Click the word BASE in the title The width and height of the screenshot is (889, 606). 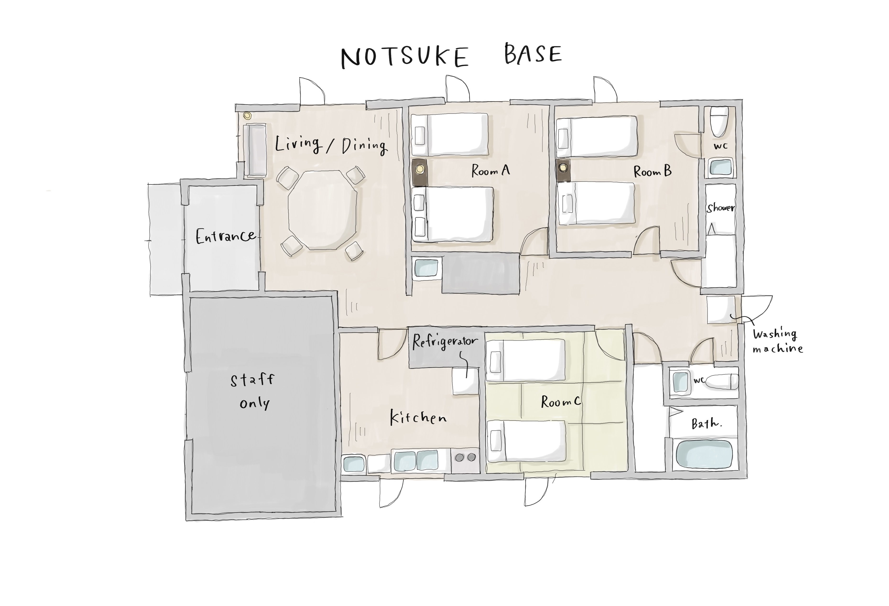point(533,54)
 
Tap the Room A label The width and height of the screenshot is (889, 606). point(491,171)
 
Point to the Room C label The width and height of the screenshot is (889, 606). point(561,401)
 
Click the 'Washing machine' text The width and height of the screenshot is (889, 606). point(777,341)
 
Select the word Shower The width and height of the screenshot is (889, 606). point(720,208)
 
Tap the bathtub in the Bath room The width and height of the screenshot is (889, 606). point(704,454)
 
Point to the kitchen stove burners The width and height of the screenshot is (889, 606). point(465,457)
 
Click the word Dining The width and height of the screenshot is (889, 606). point(364,146)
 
